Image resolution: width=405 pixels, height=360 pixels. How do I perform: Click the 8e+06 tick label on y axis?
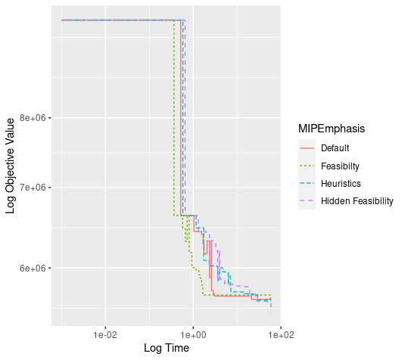(x=33, y=118)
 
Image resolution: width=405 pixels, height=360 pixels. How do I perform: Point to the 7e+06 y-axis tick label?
(x=33, y=188)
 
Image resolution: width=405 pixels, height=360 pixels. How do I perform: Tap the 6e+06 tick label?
(x=33, y=268)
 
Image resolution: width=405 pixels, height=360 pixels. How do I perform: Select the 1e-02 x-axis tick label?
(x=105, y=335)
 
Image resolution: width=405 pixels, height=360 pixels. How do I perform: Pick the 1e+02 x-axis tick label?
(x=281, y=335)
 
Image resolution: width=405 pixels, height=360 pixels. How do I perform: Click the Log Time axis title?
(x=167, y=348)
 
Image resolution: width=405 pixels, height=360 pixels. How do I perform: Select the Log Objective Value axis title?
(x=10, y=166)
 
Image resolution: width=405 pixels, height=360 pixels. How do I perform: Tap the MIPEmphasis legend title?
(x=332, y=129)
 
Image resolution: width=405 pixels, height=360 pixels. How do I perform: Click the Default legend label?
(x=335, y=148)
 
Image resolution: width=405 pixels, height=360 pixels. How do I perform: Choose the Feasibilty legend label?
(x=340, y=166)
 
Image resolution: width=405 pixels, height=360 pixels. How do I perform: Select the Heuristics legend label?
(x=341, y=184)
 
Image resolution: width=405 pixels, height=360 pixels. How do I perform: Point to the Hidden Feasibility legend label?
(x=357, y=201)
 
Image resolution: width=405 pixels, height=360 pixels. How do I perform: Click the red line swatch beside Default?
(x=307, y=148)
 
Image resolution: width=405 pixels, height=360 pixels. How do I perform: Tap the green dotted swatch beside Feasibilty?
(x=307, y=166)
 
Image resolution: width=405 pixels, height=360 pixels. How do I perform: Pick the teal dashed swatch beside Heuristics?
(x=307, y=184)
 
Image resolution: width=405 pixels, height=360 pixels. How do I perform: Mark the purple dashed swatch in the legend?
(x=307, y=201)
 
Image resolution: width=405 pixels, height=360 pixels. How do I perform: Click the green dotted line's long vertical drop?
(x=174, y=118)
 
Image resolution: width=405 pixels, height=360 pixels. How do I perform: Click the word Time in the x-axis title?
(x=178, y=348)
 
